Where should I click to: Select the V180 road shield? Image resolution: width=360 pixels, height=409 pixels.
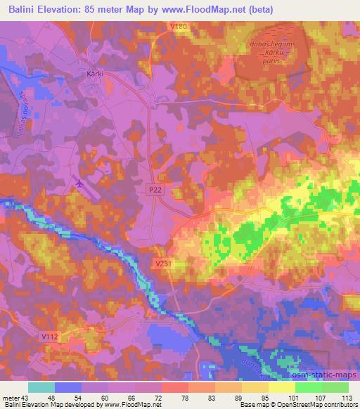179,26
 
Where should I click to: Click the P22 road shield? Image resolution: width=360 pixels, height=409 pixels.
155,190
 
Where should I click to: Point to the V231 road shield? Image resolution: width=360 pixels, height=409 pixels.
162,262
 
